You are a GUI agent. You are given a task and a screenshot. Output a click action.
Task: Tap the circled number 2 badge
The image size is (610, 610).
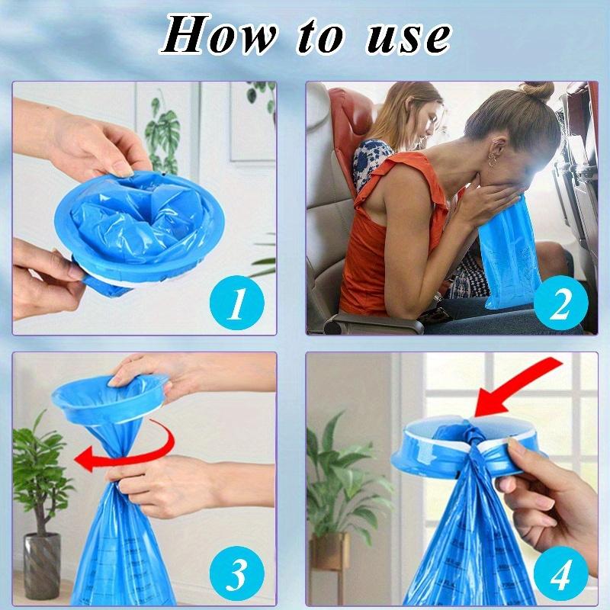[560, 303]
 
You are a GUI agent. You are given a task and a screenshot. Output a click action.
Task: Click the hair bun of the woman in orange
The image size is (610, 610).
[538, 91]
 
